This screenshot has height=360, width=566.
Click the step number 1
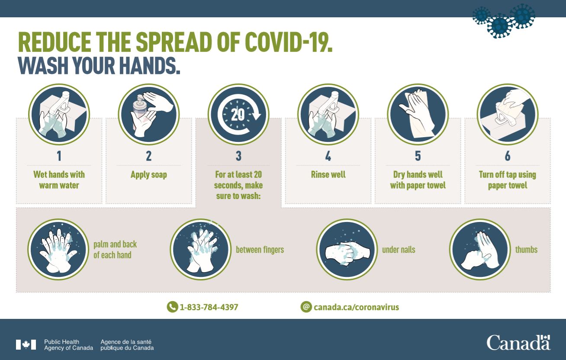[x=59, y=156]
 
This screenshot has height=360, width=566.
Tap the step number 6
[x=508, y=156]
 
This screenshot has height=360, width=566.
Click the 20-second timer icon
[x=238, y=114]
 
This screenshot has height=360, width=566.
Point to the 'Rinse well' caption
[x=328, y=174]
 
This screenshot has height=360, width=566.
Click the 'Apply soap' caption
[x=149, y=175]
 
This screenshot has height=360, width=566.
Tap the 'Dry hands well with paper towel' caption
[x=418, y=180]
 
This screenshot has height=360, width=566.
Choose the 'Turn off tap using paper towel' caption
[x=508, y=180]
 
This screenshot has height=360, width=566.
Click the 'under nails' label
[x=399, y=250]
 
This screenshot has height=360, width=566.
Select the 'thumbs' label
[x=526, y=250]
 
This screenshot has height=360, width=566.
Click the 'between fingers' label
[x=260, y=250]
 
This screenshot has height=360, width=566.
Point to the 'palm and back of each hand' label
[x=115, y=250]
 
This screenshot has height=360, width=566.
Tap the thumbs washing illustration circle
[x=480, y=249]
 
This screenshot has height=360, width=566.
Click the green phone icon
[x=172, y=307]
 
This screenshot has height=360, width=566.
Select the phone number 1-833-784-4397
[x=209, y=307]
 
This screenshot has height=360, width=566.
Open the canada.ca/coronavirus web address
[x=356, y=307]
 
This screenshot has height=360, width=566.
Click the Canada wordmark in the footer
[x=518, y=343]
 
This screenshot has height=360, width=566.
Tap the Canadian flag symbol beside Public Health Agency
[x=26, y=344]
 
